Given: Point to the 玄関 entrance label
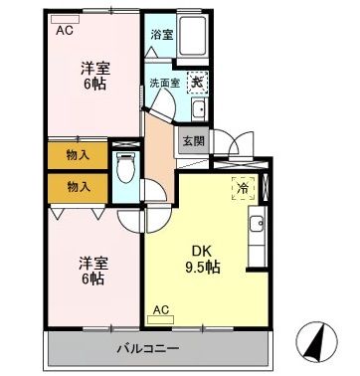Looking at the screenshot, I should [x=192, y=140].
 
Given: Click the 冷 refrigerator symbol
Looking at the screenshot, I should [x=242, y=185].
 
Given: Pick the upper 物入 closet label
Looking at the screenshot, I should [x=78, y=155].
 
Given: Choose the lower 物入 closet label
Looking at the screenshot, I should [x=78, y=186].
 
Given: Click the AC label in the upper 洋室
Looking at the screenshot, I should [x=65, y=30].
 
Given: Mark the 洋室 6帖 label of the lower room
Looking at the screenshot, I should [x=93, y=270].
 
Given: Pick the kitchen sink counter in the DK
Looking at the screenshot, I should [x=255, y=229].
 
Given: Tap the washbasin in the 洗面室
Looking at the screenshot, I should [x=197, y=109].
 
